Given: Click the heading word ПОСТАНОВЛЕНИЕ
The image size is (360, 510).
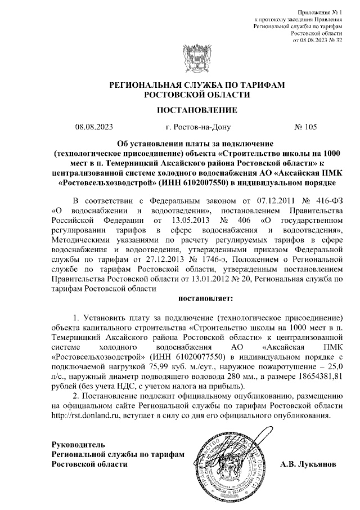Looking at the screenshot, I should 180,109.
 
